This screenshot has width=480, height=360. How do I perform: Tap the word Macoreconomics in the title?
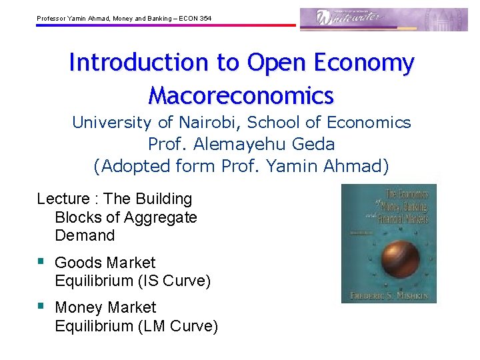241,95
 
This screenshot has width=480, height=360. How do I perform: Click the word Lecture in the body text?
63,199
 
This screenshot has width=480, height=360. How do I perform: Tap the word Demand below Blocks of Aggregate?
85,235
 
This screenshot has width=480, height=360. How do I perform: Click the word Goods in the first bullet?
75,263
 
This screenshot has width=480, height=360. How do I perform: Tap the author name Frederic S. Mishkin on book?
389,294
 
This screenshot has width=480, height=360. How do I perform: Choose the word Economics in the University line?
376,123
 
